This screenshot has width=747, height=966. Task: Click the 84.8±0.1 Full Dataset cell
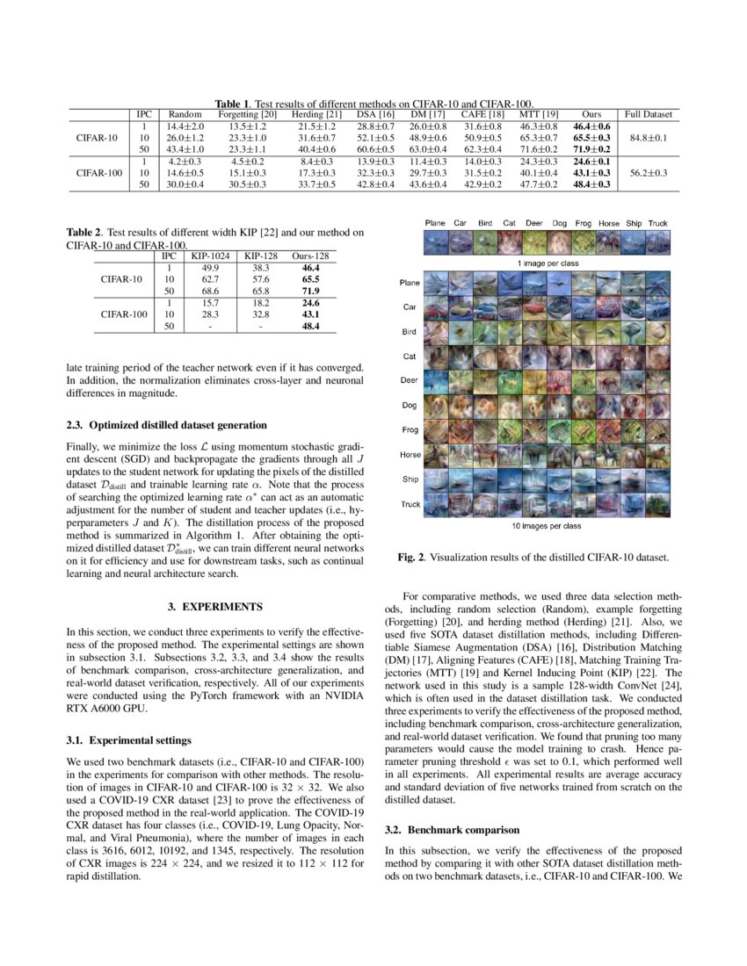pyautogui.click(x=648, y=139)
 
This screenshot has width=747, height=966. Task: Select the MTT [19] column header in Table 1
pyautogui.click(x=539, y=114)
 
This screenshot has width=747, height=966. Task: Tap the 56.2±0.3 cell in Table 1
pyautogui.click(x=648, y=173)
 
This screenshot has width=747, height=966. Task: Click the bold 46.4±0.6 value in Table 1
pyautogui.click(x=591, y=127)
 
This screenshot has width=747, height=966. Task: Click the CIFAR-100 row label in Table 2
pyautogui.click(x=121, y=314)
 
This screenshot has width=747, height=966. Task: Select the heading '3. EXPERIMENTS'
pyautogui.click(x=214, y=606)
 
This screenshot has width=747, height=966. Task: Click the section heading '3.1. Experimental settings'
pyautogui.click(x=128, y=740)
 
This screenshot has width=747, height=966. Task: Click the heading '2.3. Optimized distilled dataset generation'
pyautogui.click(x=167, y=425)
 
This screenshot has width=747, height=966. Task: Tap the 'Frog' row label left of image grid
pyautogui.click(x=410, y=430)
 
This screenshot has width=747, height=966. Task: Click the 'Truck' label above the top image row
pyautogui.click(x=658, y=223)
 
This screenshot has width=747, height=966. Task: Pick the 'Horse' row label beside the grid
pyautogui.click(x=410, y=455)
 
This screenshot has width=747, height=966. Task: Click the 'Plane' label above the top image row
pyautogui.click(x=435, y=223)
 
